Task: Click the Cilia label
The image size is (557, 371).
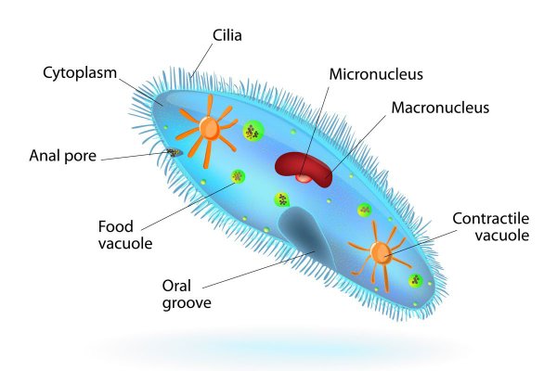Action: tap(227, 35)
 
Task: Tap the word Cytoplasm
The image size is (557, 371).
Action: tap(80, 73)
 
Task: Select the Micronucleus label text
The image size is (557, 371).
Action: tap(376, 74)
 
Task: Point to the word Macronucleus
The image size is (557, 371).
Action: tap(440, 108)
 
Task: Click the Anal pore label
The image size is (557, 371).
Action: tap(63, 156)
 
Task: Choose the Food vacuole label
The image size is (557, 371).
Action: tap(125, 235)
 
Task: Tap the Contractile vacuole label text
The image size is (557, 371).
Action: tap(491, 227)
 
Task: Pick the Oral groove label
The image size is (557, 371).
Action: tap(187, 294)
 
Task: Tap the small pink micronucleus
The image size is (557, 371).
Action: tap(304, 178)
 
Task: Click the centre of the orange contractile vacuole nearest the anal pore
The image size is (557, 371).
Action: tap(209, 127)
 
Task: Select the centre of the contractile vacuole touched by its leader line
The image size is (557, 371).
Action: tap(381, 253)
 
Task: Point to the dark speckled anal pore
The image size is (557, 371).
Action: tap(175, 153)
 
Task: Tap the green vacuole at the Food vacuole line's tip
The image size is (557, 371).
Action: tap(238, 176)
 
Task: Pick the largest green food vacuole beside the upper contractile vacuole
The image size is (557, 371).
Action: tap(253, 131)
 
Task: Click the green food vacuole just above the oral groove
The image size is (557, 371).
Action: tap(282, 200)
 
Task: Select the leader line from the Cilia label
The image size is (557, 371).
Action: tap(201, 60)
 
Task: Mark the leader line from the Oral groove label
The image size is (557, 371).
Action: tap(259, 270)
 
